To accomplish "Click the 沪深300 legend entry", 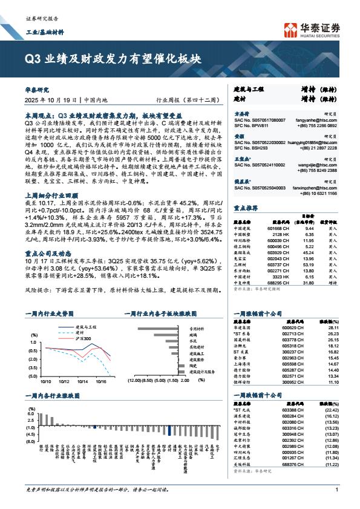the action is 80,338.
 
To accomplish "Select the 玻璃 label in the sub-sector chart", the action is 193,335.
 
